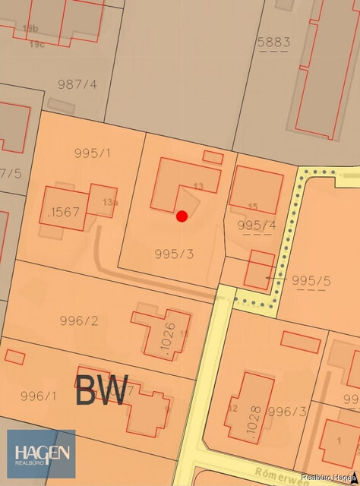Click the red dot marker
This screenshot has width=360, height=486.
(182, 216)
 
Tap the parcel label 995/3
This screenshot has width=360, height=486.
(174, 254)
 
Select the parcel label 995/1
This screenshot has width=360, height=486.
(93, 153)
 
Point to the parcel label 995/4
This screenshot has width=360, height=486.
(257, 226)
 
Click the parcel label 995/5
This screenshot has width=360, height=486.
(311, 280)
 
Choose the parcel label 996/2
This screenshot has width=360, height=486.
(79, 320)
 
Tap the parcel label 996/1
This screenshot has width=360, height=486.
(38, 396)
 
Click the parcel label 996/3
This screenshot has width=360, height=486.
(287, 412)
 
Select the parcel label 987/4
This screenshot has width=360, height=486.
(77, 84)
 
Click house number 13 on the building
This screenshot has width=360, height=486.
(199, 186)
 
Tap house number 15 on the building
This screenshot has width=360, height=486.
(253, 207)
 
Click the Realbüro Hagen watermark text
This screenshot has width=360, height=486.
(328, 477)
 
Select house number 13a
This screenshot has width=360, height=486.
(110, 202)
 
